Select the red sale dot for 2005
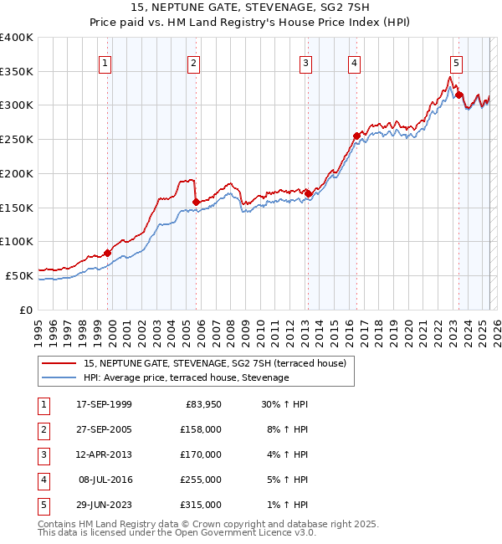pyautogui.click(x=196, y=202)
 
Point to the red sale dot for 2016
pyautogui.click(x=356, y=136)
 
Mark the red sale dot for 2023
pyautogui.click(x=459, y=95)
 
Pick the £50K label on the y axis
pyautogui.click(x=19, y=275)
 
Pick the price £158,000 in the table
pyautogui.click(x=201, y=429)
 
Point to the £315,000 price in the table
pyautogui.click(x=201, y=505)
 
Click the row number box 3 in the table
pyautogui.click(x=43, y=454)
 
